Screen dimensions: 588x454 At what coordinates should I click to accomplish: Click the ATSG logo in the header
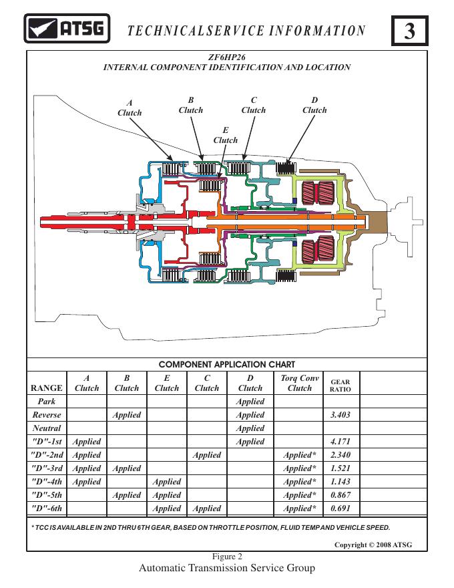click(x=65, y=29)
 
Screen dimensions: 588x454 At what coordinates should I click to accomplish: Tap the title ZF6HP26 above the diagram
click(x=227, y=58)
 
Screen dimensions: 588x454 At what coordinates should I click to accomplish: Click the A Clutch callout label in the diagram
click(x=130, y=108)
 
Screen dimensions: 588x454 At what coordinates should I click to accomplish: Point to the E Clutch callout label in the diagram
click(x=225, y=135)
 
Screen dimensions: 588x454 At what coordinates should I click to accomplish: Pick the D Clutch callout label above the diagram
click(x=314, y=106)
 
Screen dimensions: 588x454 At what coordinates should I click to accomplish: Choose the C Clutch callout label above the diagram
click(x=253, y=106)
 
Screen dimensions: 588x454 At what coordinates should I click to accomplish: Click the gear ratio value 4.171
click(x=340, y=442)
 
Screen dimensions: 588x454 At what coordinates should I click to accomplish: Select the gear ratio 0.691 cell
click(x=340, y=508)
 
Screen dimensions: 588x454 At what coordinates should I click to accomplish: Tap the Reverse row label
click(x=47, y=415)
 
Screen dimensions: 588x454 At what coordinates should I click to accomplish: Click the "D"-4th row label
click(x=47, y=482)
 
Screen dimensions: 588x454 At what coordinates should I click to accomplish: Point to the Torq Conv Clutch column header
click(x=300, y=383)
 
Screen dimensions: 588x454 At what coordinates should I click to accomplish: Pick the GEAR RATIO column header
click(x=340, y=386)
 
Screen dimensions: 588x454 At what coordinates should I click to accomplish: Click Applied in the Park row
click(x=250, y=402)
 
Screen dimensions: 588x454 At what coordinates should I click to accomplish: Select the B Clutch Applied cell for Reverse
click(x=127, y=415)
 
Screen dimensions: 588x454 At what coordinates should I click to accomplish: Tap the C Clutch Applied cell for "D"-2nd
click(x=206, y=455)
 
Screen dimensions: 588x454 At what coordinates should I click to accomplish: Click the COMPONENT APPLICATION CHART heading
click(x=227, y=365)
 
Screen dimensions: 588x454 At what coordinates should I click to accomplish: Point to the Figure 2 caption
click(x=227, y=556)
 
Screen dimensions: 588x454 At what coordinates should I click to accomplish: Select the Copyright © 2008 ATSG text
click(x=373, y=545)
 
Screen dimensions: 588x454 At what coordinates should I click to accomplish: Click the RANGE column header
click(x=47, y=388)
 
